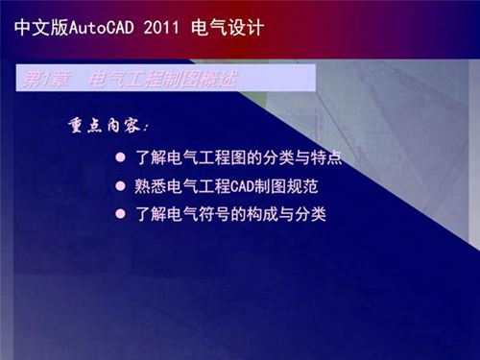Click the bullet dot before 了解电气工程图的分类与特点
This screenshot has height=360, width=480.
tap(121, 156)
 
